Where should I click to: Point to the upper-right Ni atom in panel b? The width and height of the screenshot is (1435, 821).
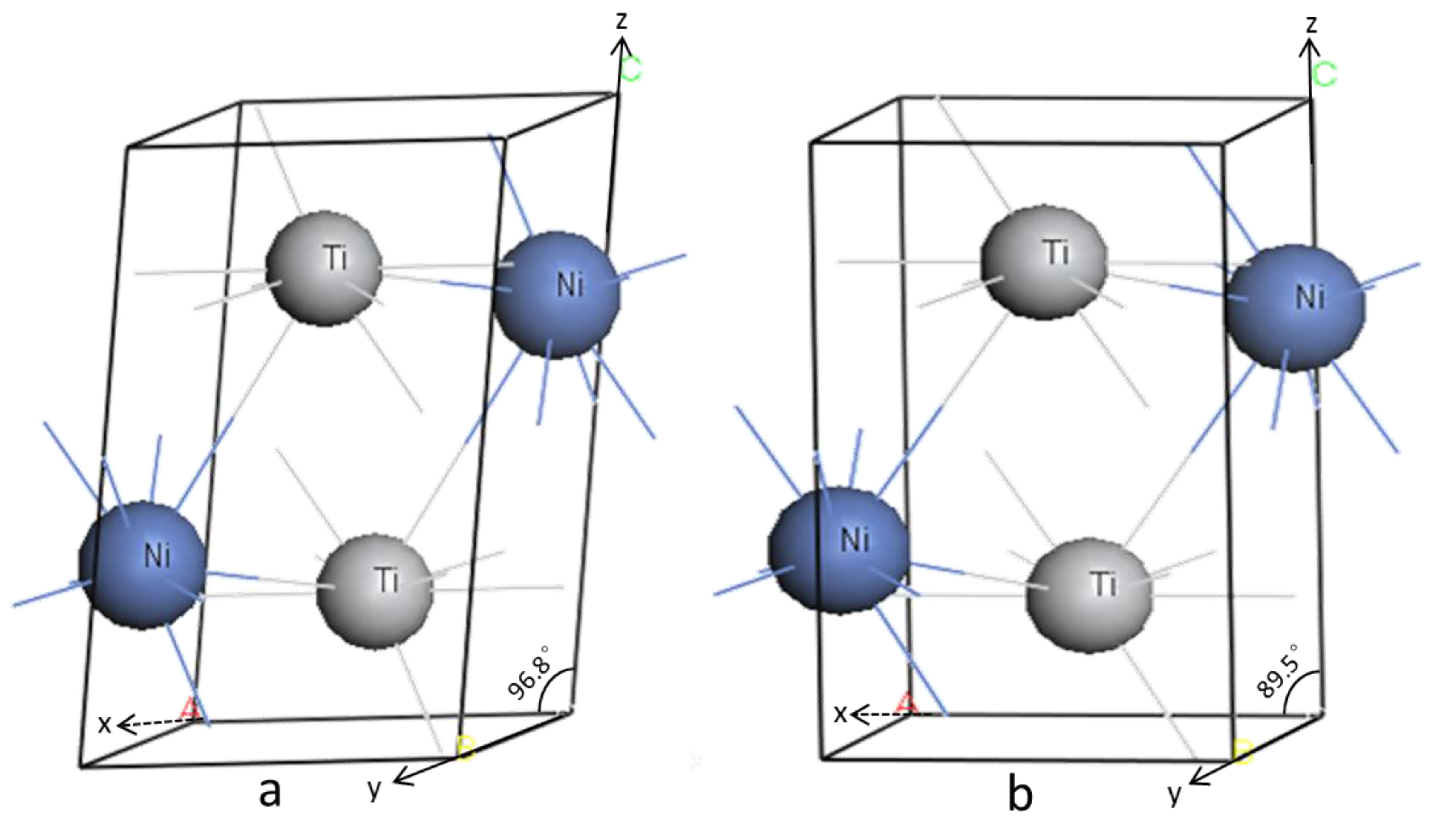(1295, 308)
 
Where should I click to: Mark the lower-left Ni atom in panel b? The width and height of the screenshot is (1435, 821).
(838, 550)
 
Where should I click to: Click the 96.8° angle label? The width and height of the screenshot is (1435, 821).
(528, 672)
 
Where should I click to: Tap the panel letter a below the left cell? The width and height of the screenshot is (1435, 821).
(270, 791)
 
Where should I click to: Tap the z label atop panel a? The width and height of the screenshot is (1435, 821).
(621, 20)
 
